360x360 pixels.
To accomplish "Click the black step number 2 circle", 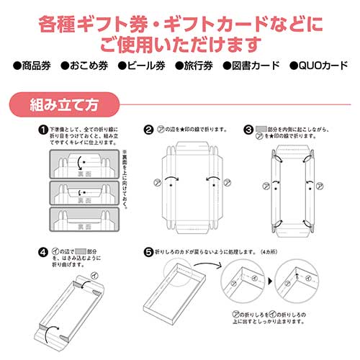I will click(148, 130).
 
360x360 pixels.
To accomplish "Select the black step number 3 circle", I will click(248, 130).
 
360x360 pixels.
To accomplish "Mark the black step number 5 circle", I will click(148, 252).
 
